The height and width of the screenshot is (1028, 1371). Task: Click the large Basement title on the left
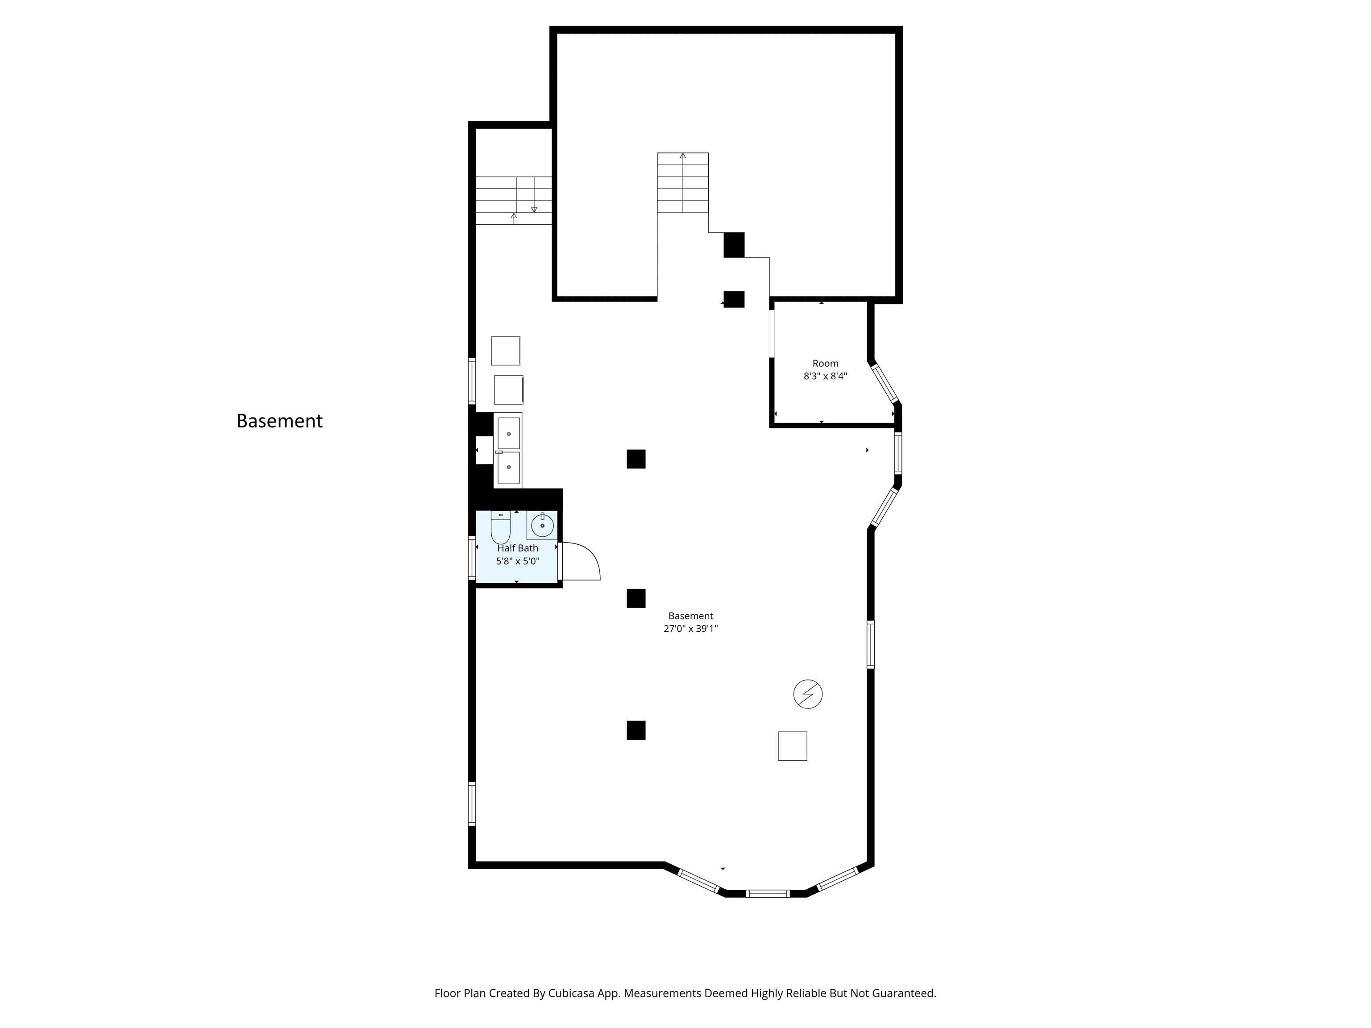click(x=279, y=421)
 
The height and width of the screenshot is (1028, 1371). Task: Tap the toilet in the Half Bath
click(x=500, y=526)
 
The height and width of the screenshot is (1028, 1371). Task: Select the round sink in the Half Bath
click(x=542, y=526)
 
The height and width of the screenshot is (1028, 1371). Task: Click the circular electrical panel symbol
click(x=808, y=693)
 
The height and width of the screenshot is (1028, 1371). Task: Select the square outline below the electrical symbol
click(x=792, y=746)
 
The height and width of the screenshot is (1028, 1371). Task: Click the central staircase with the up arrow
click(x=682, y=183)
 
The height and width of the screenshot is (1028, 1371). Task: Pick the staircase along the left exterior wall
click(x=513, y=200)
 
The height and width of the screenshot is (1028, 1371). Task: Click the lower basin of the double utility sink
click(x=508, y=467)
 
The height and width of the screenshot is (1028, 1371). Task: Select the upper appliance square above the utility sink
click(x=505, y=351)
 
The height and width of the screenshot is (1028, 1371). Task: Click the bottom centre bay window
click(x=767, y=894)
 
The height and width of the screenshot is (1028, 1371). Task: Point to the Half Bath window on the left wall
click(x=472, y=558)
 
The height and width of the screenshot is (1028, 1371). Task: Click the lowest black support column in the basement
click(x=636, y=730)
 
